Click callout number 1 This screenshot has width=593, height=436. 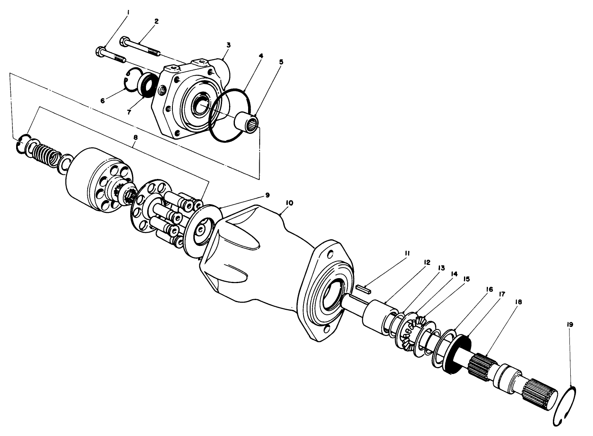tap(128, 13)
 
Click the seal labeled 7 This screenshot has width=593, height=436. tap(146, 85)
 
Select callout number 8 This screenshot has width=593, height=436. tap(134, 136)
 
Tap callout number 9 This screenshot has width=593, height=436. tap(268, 194)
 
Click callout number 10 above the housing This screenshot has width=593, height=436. tap(289, 203)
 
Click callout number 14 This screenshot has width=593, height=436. tap(454, 274)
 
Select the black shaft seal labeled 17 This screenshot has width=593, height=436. tap(459, 351)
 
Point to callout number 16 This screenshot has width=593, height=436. tap(490, 290)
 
